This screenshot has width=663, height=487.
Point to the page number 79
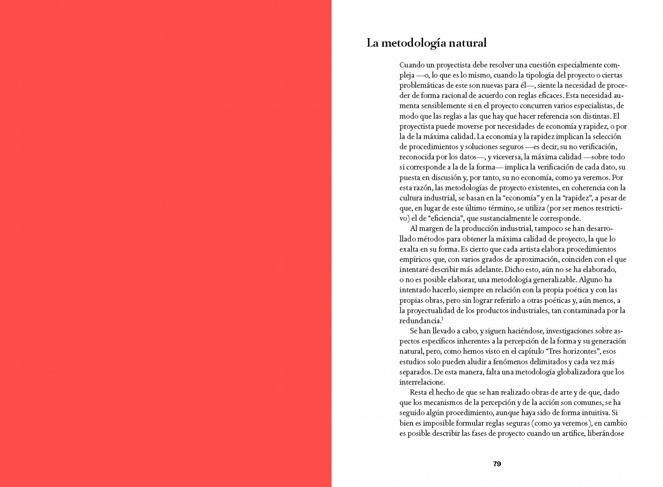click(x=497, y=464)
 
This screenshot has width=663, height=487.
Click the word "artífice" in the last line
click(x=573, y=434)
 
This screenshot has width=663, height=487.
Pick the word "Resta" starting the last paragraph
click(x=418, y=393)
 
